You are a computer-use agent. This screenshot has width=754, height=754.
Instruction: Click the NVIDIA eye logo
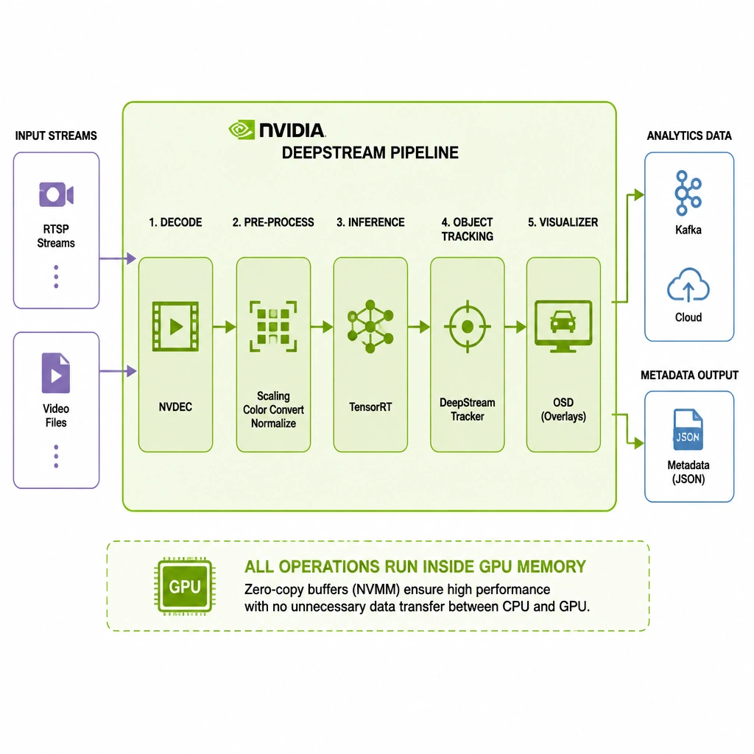(242, 130)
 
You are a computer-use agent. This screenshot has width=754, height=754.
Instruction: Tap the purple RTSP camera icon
(56, 194)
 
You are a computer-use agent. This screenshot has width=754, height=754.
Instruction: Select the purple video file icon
(56, 373)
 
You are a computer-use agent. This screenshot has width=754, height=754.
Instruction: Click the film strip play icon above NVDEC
(175, 326)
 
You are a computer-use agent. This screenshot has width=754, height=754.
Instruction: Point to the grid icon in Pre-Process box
(273, 326)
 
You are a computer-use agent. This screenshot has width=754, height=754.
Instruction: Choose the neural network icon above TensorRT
(370, 326)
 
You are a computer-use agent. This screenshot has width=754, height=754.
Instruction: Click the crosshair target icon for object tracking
(468, 326)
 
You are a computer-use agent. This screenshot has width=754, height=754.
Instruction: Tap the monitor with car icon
(563, 326)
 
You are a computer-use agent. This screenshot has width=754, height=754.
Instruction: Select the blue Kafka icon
(688, 193)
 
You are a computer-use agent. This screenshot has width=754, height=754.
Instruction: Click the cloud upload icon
(688, 285)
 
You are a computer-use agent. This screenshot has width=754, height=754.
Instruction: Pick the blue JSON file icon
(688, 429)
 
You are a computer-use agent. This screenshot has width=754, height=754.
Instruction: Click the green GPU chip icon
(185, 586)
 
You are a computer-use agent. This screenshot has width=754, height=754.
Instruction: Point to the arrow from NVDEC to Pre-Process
(225, 327)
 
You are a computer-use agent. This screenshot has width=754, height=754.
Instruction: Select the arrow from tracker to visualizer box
(515, 327)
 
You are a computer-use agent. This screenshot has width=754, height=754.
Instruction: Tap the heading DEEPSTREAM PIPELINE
(370, 153)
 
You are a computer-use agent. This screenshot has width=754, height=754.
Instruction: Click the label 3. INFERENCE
(370, 222)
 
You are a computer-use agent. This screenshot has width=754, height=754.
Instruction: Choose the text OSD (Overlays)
(563, 409)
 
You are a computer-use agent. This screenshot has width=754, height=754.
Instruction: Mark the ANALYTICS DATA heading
(689, 135)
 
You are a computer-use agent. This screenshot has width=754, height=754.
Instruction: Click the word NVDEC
(175, 406)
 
